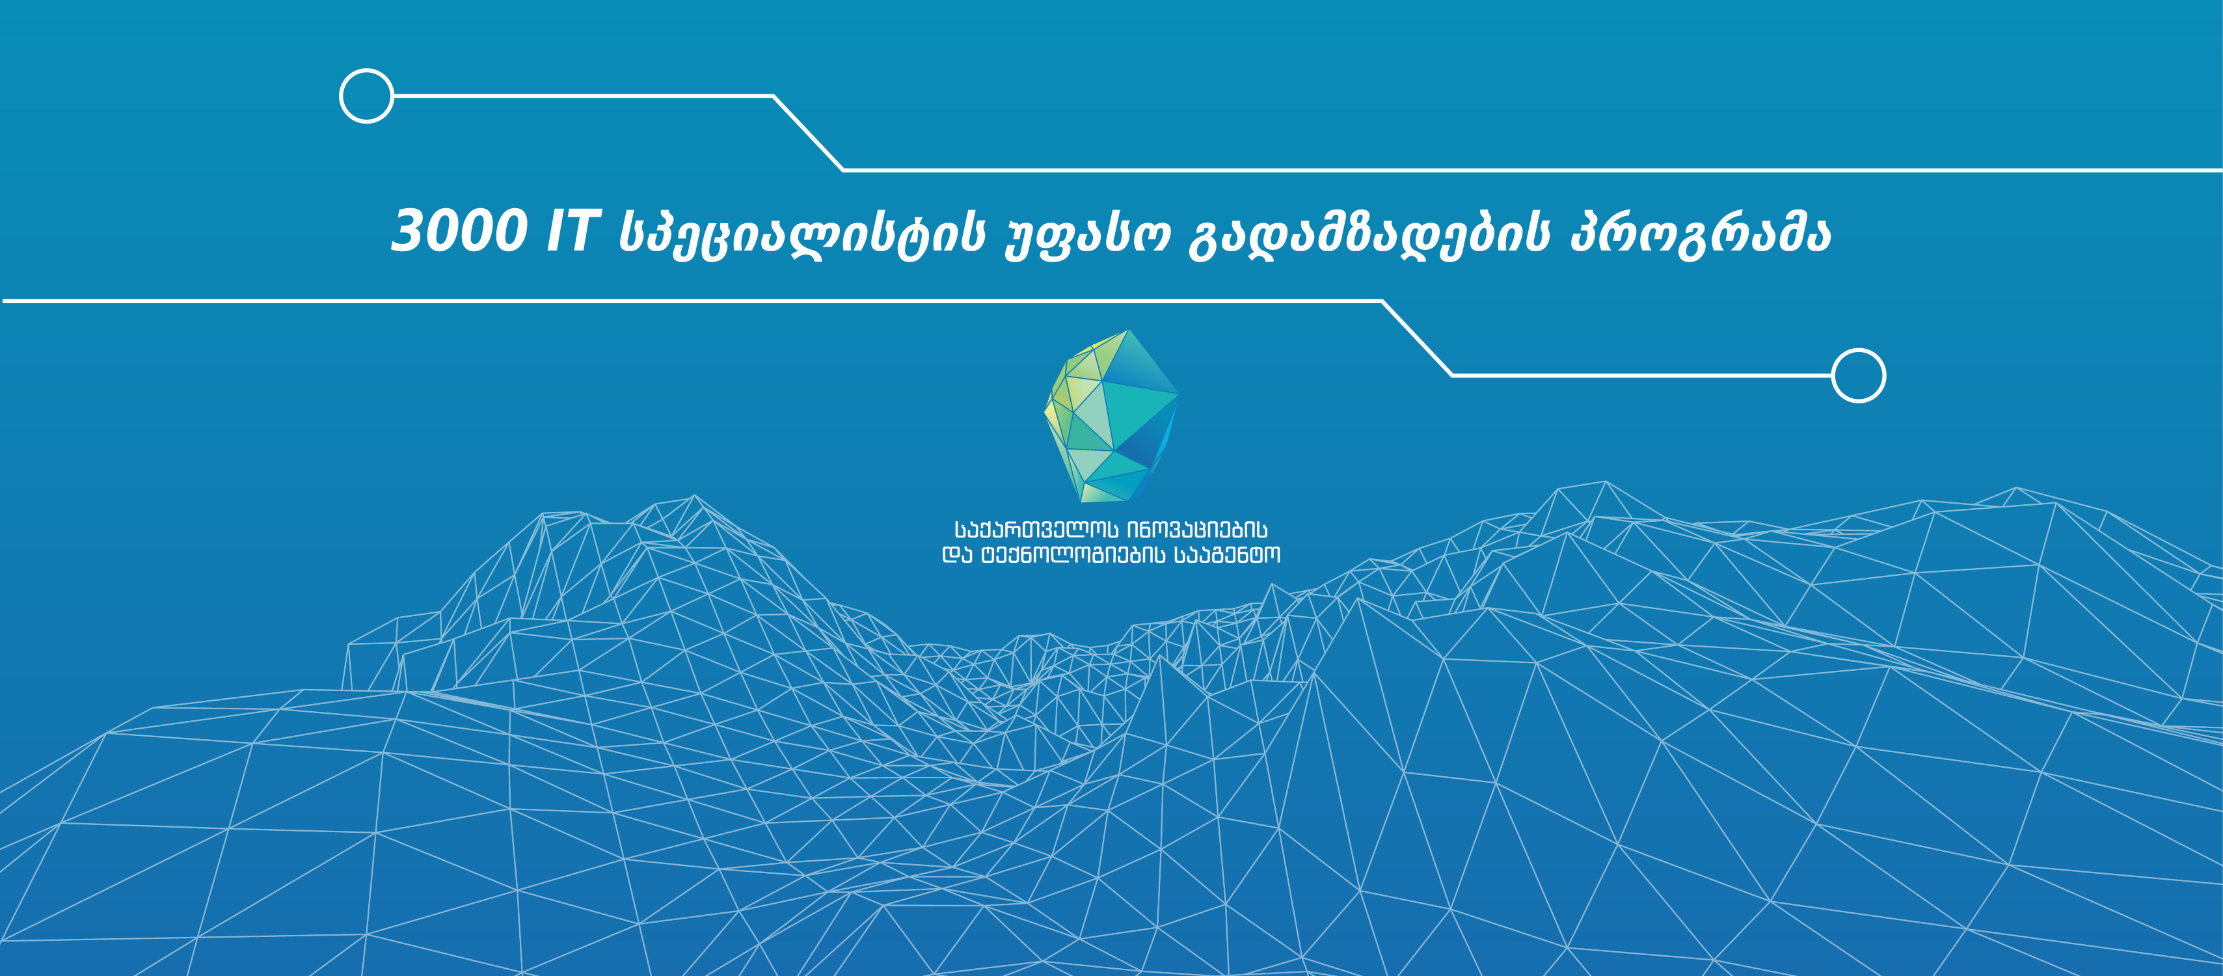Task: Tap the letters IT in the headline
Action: pyautogui.click(x=572, y=231)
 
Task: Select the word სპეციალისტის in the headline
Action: pyautogui.click(x=802, y=233)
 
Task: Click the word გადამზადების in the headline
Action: pyautogui.click(x=1369, y=233)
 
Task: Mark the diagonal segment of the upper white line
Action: pyautogui.click(x=808, y=133)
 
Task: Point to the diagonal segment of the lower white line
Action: pyautogui.click(x=1417, y=338)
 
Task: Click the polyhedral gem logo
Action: pyautogui.click(x=1111, y=416)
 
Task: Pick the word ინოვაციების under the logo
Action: pyautogui.click(x=1198, y=530)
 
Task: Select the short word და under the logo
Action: pyautogui.click(x=957, y=555)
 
